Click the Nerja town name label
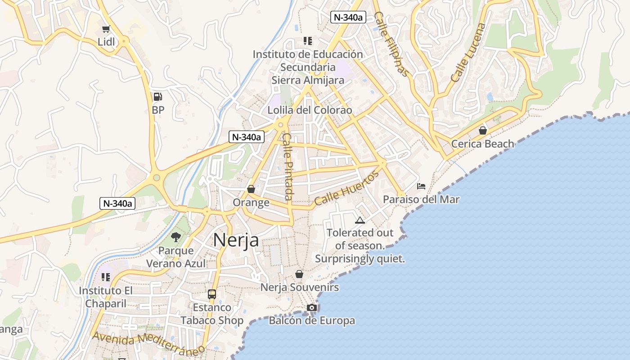pos(236,240)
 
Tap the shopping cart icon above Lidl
pos(106,29)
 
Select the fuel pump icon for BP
pos(157,96)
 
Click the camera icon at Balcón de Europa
pos(312,307)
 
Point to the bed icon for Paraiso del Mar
pos(421,186)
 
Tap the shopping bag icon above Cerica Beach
pos(482,130)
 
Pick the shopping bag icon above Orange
pos(251,189)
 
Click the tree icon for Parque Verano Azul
pos(176,237)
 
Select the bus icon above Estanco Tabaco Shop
pos(212,294)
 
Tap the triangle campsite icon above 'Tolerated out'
pos(360,220)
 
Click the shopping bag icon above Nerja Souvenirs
pos(299,274)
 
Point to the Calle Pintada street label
pos(288,166)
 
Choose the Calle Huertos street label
pos(346,189)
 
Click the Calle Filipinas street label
pos(392,44)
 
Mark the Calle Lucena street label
pos(468,53)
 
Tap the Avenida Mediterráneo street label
pos(148,343)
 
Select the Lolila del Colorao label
pos(310,110)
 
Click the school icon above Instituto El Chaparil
pos(106,277)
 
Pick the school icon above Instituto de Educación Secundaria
pos(308,41)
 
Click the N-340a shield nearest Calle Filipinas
pos(348,17)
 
